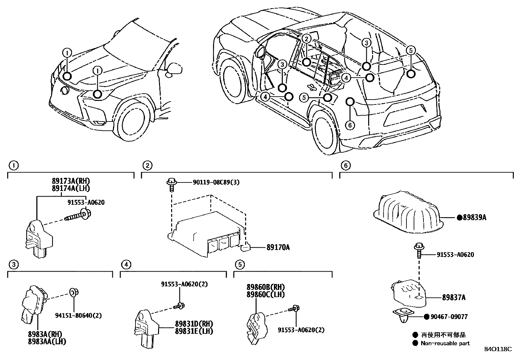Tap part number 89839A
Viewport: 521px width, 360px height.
tap(474, 217)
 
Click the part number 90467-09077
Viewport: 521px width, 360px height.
tap(450, 317)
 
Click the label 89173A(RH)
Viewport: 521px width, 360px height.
tap(71, 181)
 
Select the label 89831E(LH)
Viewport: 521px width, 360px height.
tap(194, 331)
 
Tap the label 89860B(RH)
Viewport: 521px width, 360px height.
tap(266, 287)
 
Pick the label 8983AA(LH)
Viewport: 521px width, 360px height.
tap(47, 341)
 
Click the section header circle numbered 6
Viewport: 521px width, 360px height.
tap(345, 165)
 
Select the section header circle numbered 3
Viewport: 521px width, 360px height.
tap(13, 264)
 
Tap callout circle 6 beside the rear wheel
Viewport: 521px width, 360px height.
tap(350, 125)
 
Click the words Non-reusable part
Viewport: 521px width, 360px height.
tap(445, 343)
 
